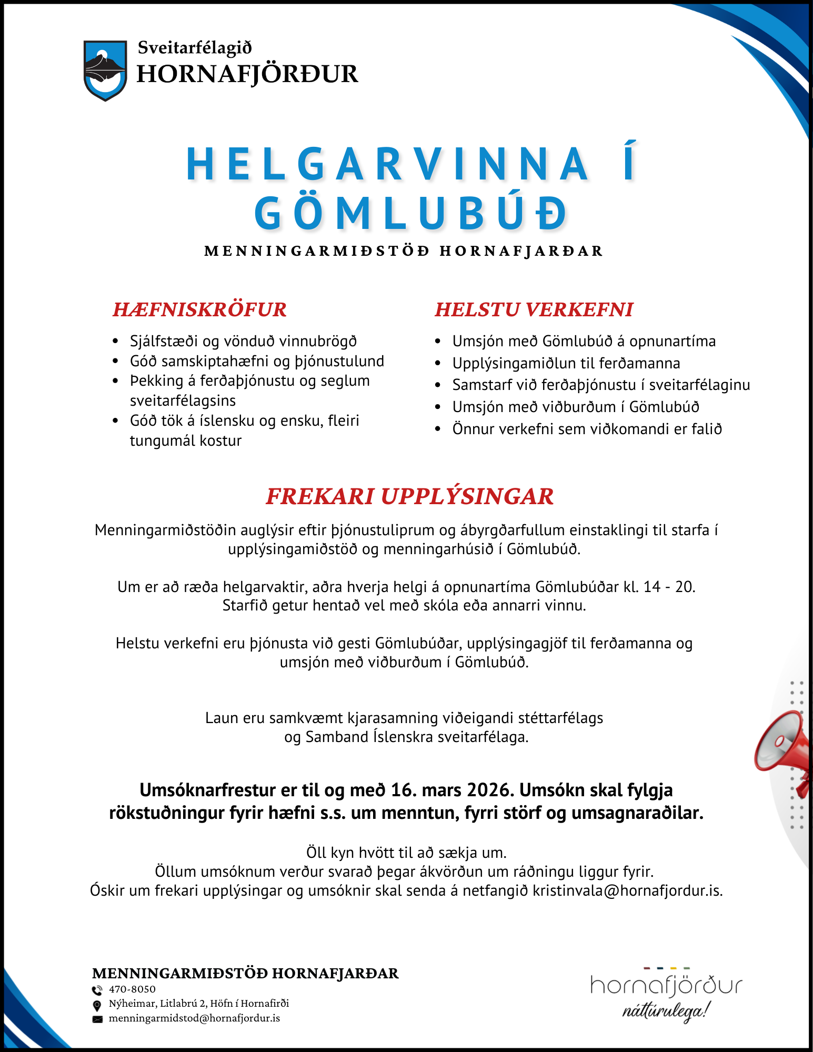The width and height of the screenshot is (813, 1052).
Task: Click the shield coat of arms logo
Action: (x=105, y=70)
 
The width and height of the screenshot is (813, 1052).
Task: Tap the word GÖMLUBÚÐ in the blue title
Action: (x=411, y=213)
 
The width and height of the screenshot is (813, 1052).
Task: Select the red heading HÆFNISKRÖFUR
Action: (x=199, y=309)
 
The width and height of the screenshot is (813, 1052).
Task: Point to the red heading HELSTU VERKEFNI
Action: (x=534, y=309)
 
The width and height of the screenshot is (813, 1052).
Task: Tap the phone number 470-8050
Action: (x=132, y=989)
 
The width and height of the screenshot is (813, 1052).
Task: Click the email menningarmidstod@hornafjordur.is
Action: (x=194, y=1018)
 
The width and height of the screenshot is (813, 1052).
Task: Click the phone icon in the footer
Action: (x=97, y=990)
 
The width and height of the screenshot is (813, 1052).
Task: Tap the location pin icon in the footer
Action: (x=97, y=1005)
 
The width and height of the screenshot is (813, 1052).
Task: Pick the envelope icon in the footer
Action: (x=97, y=1019)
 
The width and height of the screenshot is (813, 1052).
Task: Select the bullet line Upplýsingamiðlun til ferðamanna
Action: (x=566, y=363)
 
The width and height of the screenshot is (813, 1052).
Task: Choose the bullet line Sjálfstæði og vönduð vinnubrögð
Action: (x=243, y=341)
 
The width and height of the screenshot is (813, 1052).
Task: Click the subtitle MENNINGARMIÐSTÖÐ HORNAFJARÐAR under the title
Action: (x=403, y=251)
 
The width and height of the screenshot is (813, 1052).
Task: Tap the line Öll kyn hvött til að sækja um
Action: (x=406, y=852)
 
